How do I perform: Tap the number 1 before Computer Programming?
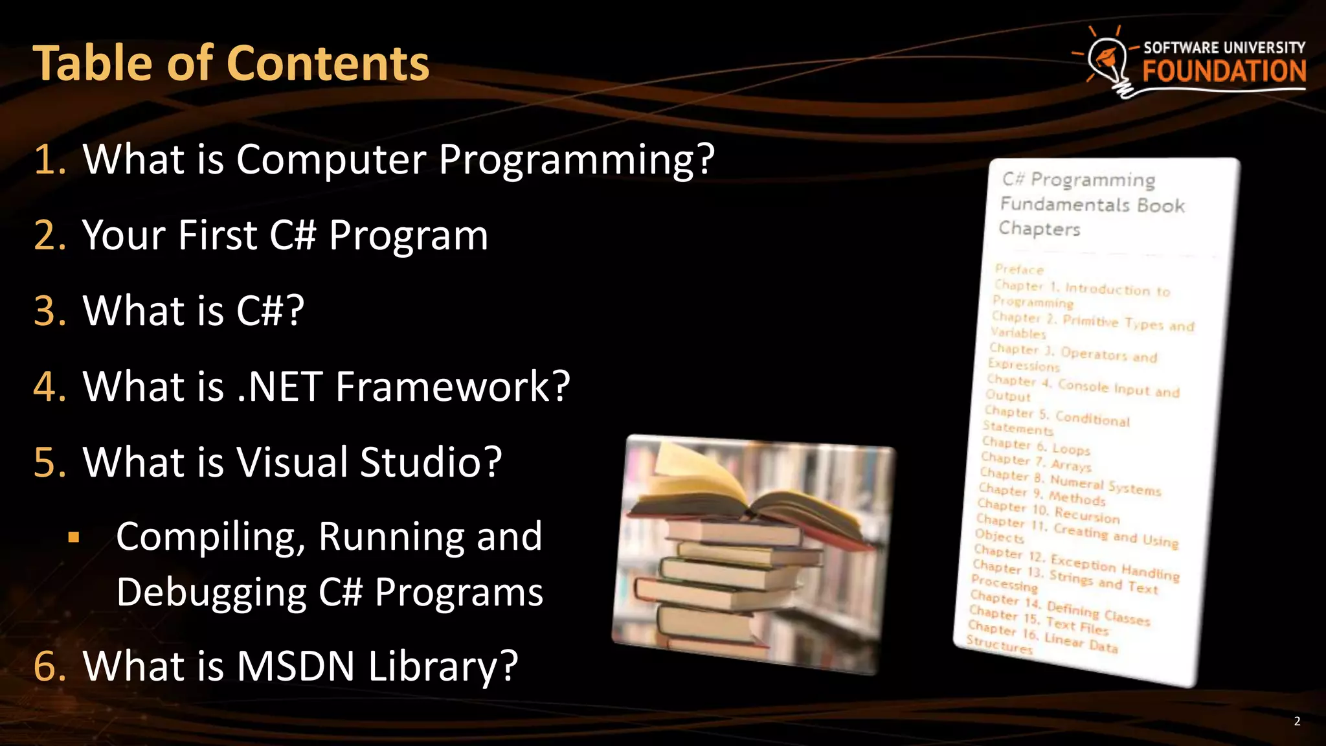click(x=49, y=159)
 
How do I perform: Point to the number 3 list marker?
click(x=49, y=311)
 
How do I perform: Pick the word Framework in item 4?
click(x=452, y=387)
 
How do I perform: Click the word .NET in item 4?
click(x=280, y=387)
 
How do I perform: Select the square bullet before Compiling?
click(x=74, y=537)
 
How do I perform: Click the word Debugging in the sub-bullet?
click(x=211, y=593)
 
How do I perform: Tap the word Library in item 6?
click(x=443, y=666)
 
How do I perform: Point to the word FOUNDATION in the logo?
click(x=1224, y=71)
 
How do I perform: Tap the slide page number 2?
click(x=1297, y=721)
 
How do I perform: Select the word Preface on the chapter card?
click(x=1019, y=269)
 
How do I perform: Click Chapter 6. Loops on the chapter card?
click(x=1036, y=446)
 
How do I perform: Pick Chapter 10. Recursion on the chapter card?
click(x=1048, y=511)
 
